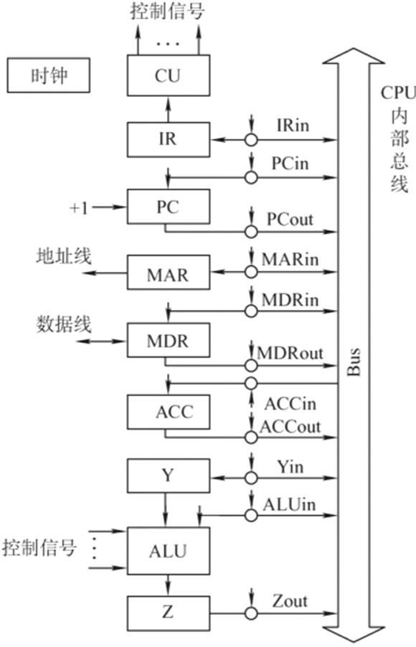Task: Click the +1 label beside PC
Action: [78, 207]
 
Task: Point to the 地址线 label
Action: [64, 257]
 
